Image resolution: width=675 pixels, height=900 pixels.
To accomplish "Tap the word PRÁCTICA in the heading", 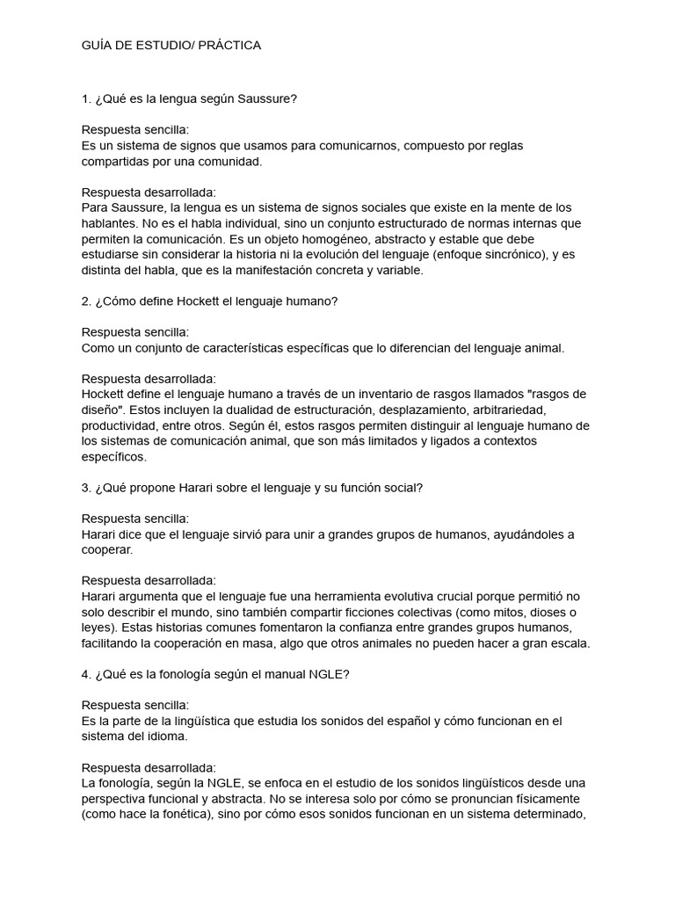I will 229,45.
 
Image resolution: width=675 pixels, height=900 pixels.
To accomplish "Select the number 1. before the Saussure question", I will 86,98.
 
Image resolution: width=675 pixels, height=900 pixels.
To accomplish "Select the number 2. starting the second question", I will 86,301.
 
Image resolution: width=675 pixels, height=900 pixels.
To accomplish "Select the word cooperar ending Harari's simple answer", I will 107,550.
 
